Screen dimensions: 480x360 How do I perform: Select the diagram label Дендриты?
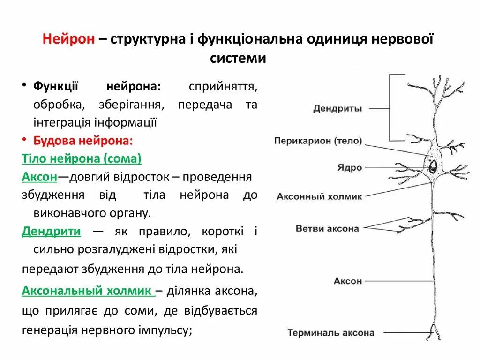click(x=337, y=109)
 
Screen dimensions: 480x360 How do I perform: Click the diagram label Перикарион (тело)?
click(x=318, y=140)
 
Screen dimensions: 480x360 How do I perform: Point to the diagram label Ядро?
click(x=350, y=167)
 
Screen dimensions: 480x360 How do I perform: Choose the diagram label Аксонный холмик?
click(x=319, y=196)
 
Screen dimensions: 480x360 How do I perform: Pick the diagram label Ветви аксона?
click(x=327, y=229)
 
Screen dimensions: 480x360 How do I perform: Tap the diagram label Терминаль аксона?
click(x=330, y=333)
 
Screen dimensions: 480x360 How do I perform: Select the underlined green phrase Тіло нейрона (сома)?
click(x=82, y=159)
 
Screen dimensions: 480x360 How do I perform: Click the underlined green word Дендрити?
click(x=52, y=231)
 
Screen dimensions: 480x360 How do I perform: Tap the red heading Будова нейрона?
click(x=83, y=140)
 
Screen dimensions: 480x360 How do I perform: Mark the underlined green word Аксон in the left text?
click(x=39, y=177)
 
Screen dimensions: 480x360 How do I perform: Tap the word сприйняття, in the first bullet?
click(x=223, y=86)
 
